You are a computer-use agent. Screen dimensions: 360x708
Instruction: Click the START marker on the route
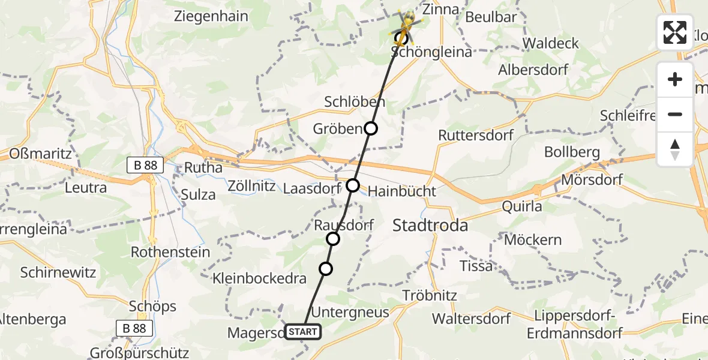tap(303, 331)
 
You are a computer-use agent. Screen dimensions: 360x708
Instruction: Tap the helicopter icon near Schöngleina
tap(407, 25)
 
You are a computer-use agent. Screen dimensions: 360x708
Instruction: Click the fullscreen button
tap(675, 32)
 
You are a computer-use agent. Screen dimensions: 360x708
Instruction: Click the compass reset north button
tap(675, 149)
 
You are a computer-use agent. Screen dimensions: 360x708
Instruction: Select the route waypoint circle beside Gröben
tap(371, 128)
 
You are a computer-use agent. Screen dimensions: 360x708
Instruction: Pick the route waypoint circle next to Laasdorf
tap(353, 185)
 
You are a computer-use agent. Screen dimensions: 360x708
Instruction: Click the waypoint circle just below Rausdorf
tap(333, 239)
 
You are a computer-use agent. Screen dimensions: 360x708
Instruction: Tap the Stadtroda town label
tap(430, 226)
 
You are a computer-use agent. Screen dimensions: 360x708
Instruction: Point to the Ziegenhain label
tap(211, 16)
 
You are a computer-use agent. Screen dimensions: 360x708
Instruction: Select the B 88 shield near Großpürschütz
tap(134, 328)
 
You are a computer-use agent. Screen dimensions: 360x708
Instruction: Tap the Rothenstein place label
tap(170, 252)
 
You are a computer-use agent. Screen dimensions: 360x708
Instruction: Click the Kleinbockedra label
tap(259, 278)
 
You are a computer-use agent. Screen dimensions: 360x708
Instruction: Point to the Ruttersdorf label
tap(476, 135)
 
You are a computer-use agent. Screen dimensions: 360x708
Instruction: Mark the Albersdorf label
tap(533, 70)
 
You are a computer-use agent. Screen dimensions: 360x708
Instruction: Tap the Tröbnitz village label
tap(430, 295)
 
